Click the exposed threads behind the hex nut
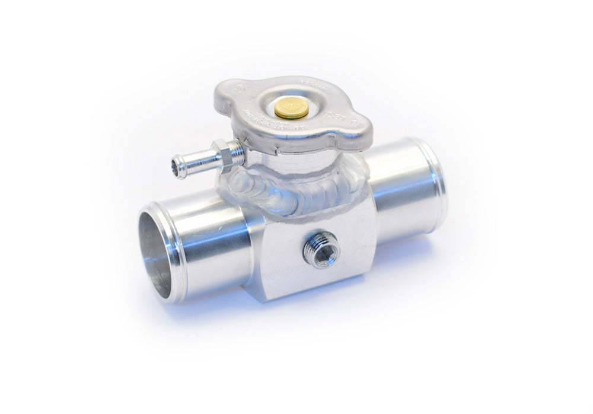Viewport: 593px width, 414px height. pos(237,154)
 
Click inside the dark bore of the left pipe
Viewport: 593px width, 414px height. pos(156,249)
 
